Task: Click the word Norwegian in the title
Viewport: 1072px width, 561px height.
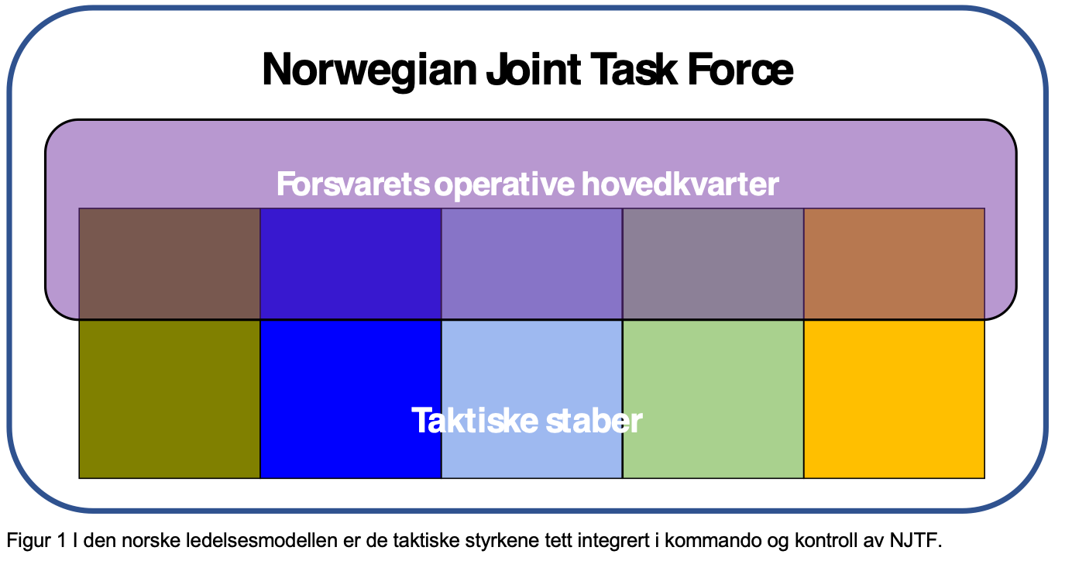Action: pyautogui.click(x=369, y=71)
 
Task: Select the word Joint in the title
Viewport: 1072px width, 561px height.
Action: pyautogui.click(x=534, y=70)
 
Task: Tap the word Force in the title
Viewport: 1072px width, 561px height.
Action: pyautogui.click(x=740, y=70)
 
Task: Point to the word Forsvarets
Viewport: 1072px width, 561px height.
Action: pyautogui.click(x=353, y=184)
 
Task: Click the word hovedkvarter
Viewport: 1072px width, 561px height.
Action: pyautogui.click(x=680, y=184)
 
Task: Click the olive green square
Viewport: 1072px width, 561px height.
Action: pyautogui.click(x=170, y=399)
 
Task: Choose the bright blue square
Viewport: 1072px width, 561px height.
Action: pyautogui.click(x=351, y=399)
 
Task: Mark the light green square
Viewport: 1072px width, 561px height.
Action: pyautogui.click(x=713, y=399)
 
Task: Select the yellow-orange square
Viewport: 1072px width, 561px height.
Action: pyautogui.click(x=895, y=399)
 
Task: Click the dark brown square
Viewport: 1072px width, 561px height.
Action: pyautogui.click(x=170, y=263)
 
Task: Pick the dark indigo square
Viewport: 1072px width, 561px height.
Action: pyautogui.click(x=351, y=263)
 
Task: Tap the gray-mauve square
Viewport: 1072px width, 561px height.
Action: pyautogui.click(x=713, y=263)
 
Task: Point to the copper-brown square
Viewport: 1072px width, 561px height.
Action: pyautogui.click(x=895, y=263)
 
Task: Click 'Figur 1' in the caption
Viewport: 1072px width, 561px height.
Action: pyautogui.click(x=36, y=541)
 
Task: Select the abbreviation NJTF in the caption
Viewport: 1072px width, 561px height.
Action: pyautogui.click(x=916, y=541)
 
